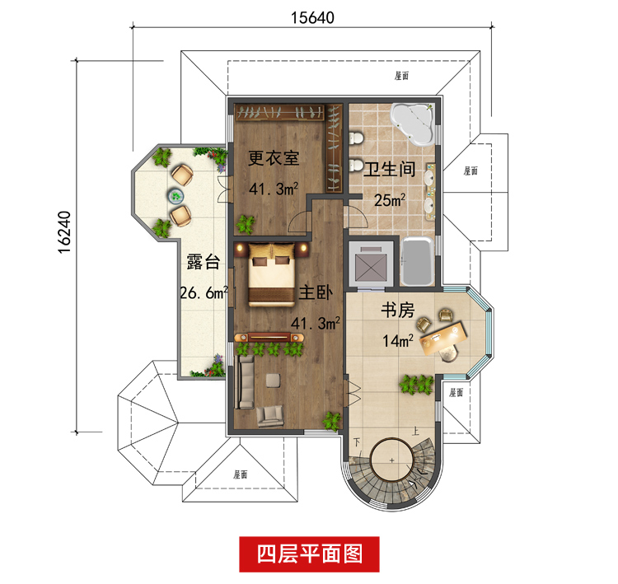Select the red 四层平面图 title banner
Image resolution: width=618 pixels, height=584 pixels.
pos(310,553)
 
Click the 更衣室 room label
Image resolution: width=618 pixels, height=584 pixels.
pos(273,157)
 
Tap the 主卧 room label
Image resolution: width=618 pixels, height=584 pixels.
pos(316,292)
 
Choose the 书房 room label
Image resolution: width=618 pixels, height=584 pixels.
pos(396,311)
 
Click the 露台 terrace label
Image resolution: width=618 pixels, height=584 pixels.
pos(203,263)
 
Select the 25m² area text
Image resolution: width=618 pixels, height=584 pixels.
pos(391,200)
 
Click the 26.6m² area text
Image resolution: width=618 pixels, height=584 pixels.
pos(203,292)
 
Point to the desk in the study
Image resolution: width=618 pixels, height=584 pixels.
pos(443,334)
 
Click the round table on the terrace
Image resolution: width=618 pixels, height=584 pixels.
pos(176,195)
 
